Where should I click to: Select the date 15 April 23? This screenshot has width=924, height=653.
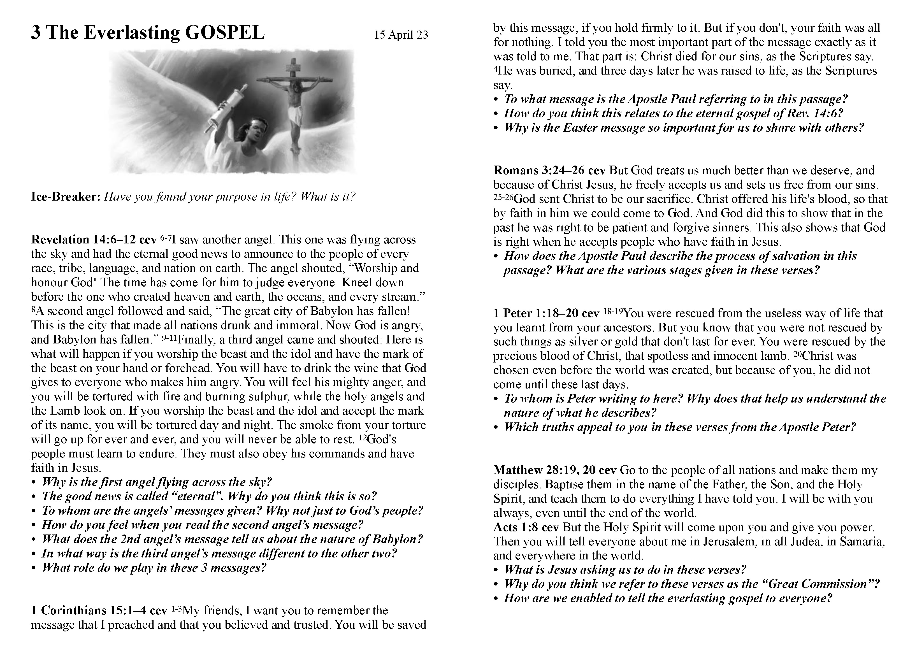click(401, 35)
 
